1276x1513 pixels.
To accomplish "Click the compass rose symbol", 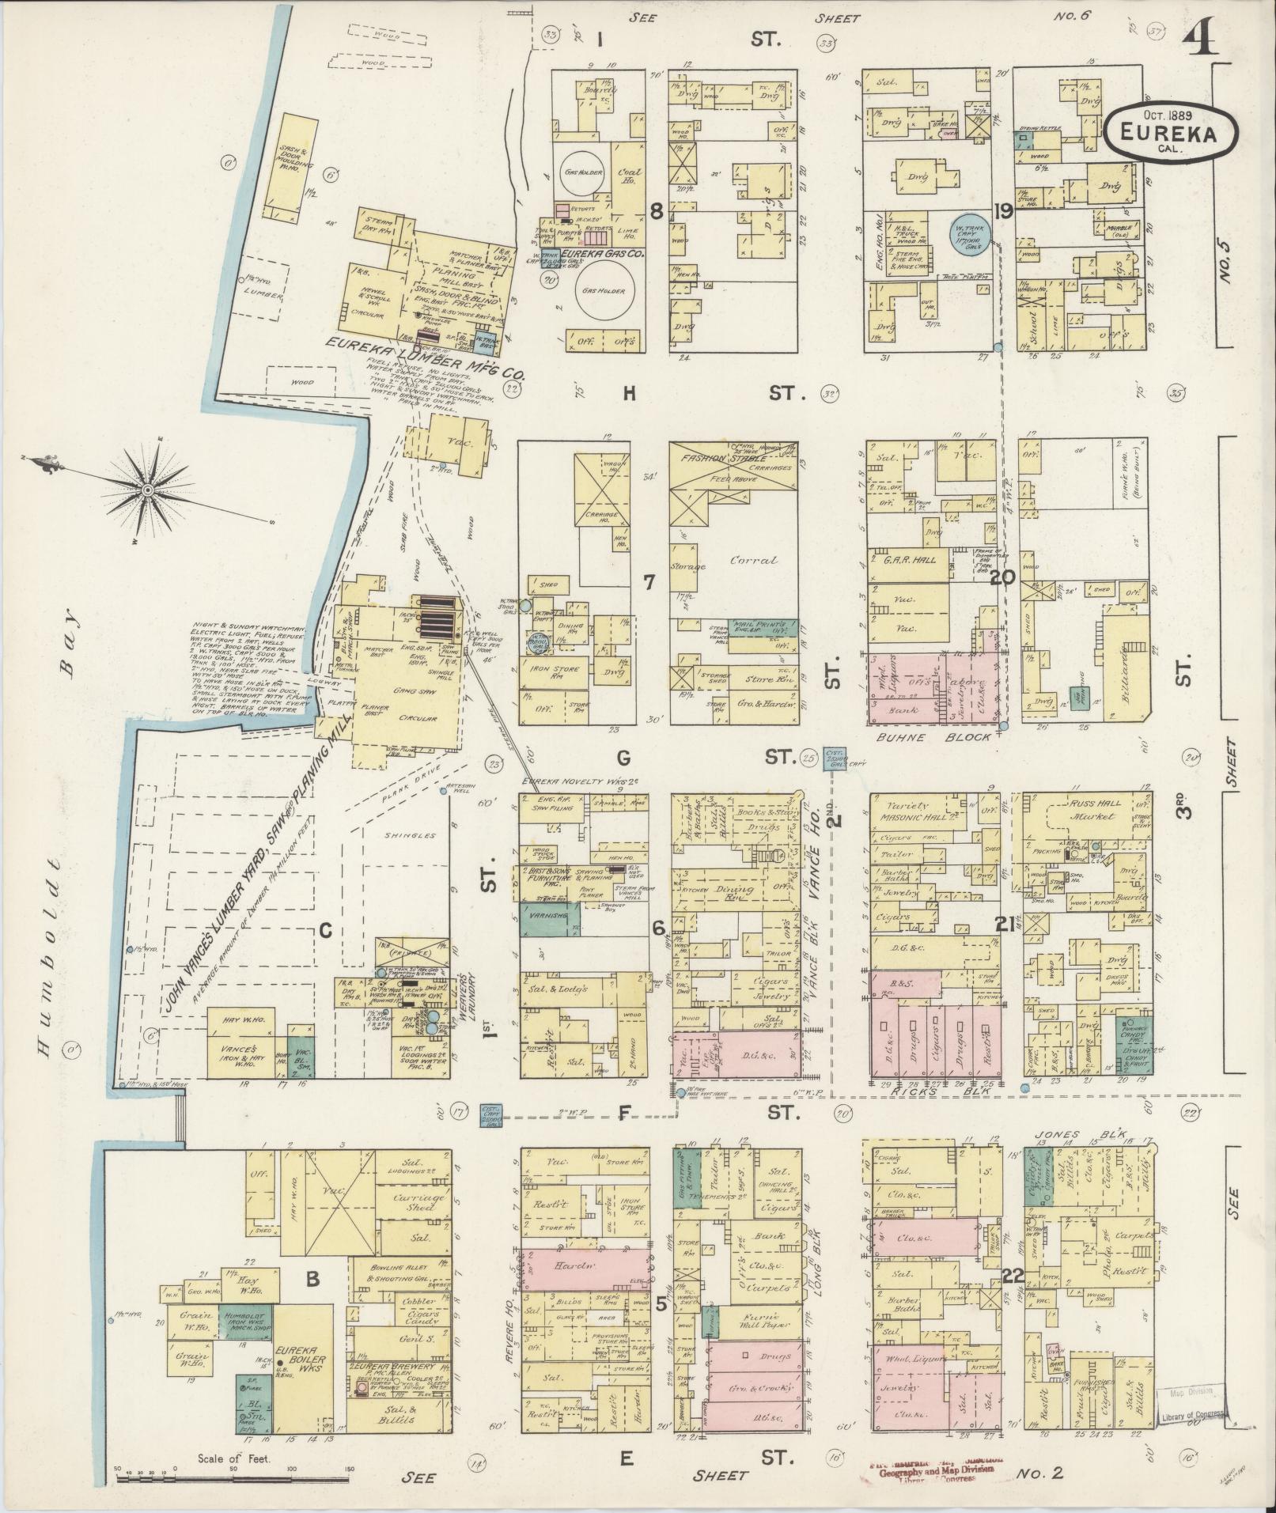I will pos(148,490).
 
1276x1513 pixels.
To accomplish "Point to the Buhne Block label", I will pos(933,736).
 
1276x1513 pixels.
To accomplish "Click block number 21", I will pos(1005,923).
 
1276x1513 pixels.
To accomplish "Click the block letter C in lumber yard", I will pos(324,931).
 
